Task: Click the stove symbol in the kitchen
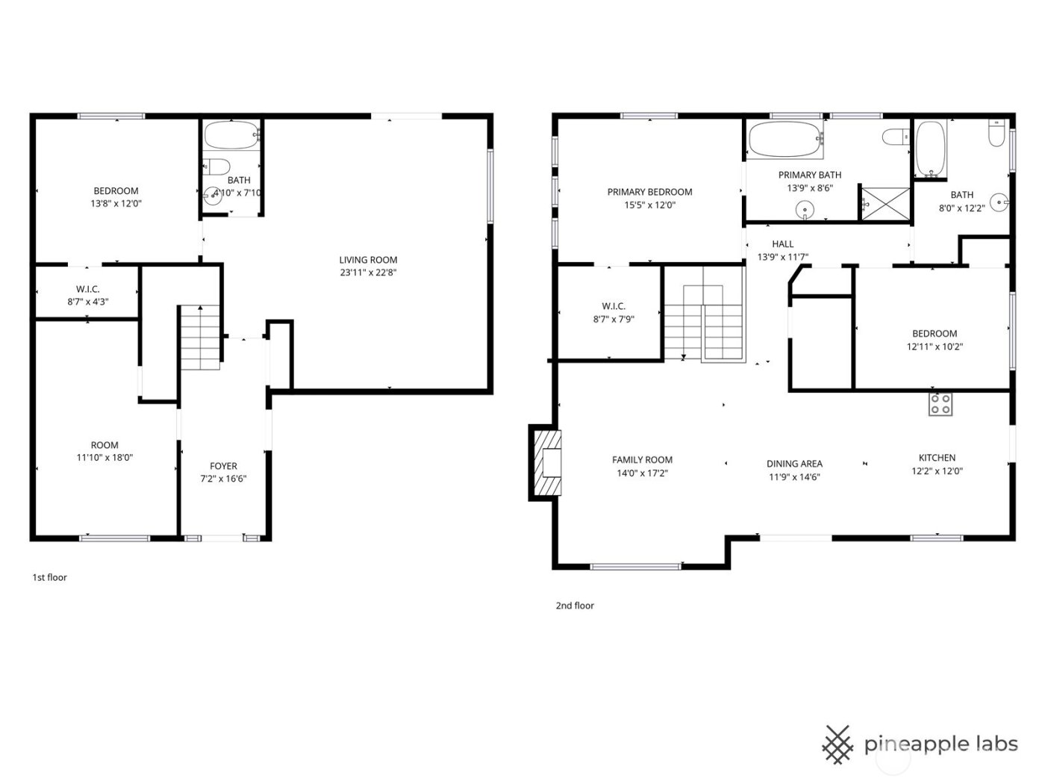940,404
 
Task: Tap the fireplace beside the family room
546,462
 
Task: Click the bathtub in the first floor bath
231,136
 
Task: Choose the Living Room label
368,260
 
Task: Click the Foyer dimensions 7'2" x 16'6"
222,479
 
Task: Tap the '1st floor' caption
49,577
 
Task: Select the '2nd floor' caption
575,606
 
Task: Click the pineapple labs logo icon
837,744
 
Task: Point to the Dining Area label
794,464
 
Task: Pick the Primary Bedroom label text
649,192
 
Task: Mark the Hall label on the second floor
782,244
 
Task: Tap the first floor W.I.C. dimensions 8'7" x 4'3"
87,302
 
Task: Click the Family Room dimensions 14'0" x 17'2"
642,473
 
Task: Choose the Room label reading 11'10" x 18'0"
104,458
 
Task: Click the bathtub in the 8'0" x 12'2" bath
930,147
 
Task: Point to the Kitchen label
937,458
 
